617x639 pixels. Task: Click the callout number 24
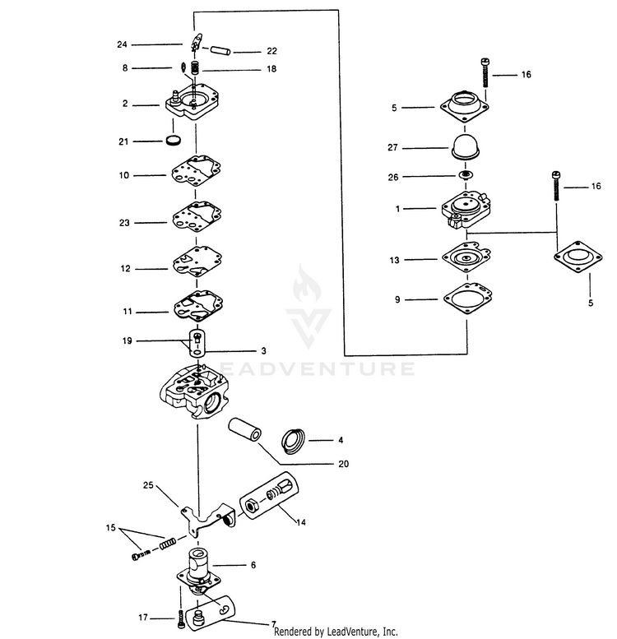123,44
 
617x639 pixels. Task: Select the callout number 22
249,51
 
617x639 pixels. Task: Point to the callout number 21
123,141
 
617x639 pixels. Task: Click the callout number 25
148,485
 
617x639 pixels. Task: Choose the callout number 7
273,624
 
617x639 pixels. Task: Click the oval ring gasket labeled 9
466,299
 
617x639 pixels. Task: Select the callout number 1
397,209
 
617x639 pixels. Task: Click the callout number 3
262,350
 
